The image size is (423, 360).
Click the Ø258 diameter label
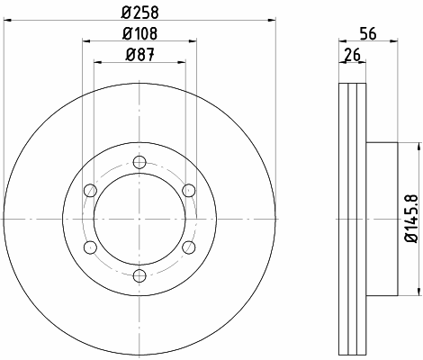click(139, 13)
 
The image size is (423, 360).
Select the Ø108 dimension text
click(139, 33)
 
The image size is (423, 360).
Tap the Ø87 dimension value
click(139, 55)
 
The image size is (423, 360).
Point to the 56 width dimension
click(368, 33)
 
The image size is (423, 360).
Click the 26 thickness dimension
click(352, 55)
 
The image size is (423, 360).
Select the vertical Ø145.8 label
click(411, 218)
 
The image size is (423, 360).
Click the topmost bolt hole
click(139, 162)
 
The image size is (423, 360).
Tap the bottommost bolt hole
click(139, 275)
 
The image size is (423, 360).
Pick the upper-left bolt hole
click(90, 191)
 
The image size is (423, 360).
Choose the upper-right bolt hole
click(189, 191)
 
